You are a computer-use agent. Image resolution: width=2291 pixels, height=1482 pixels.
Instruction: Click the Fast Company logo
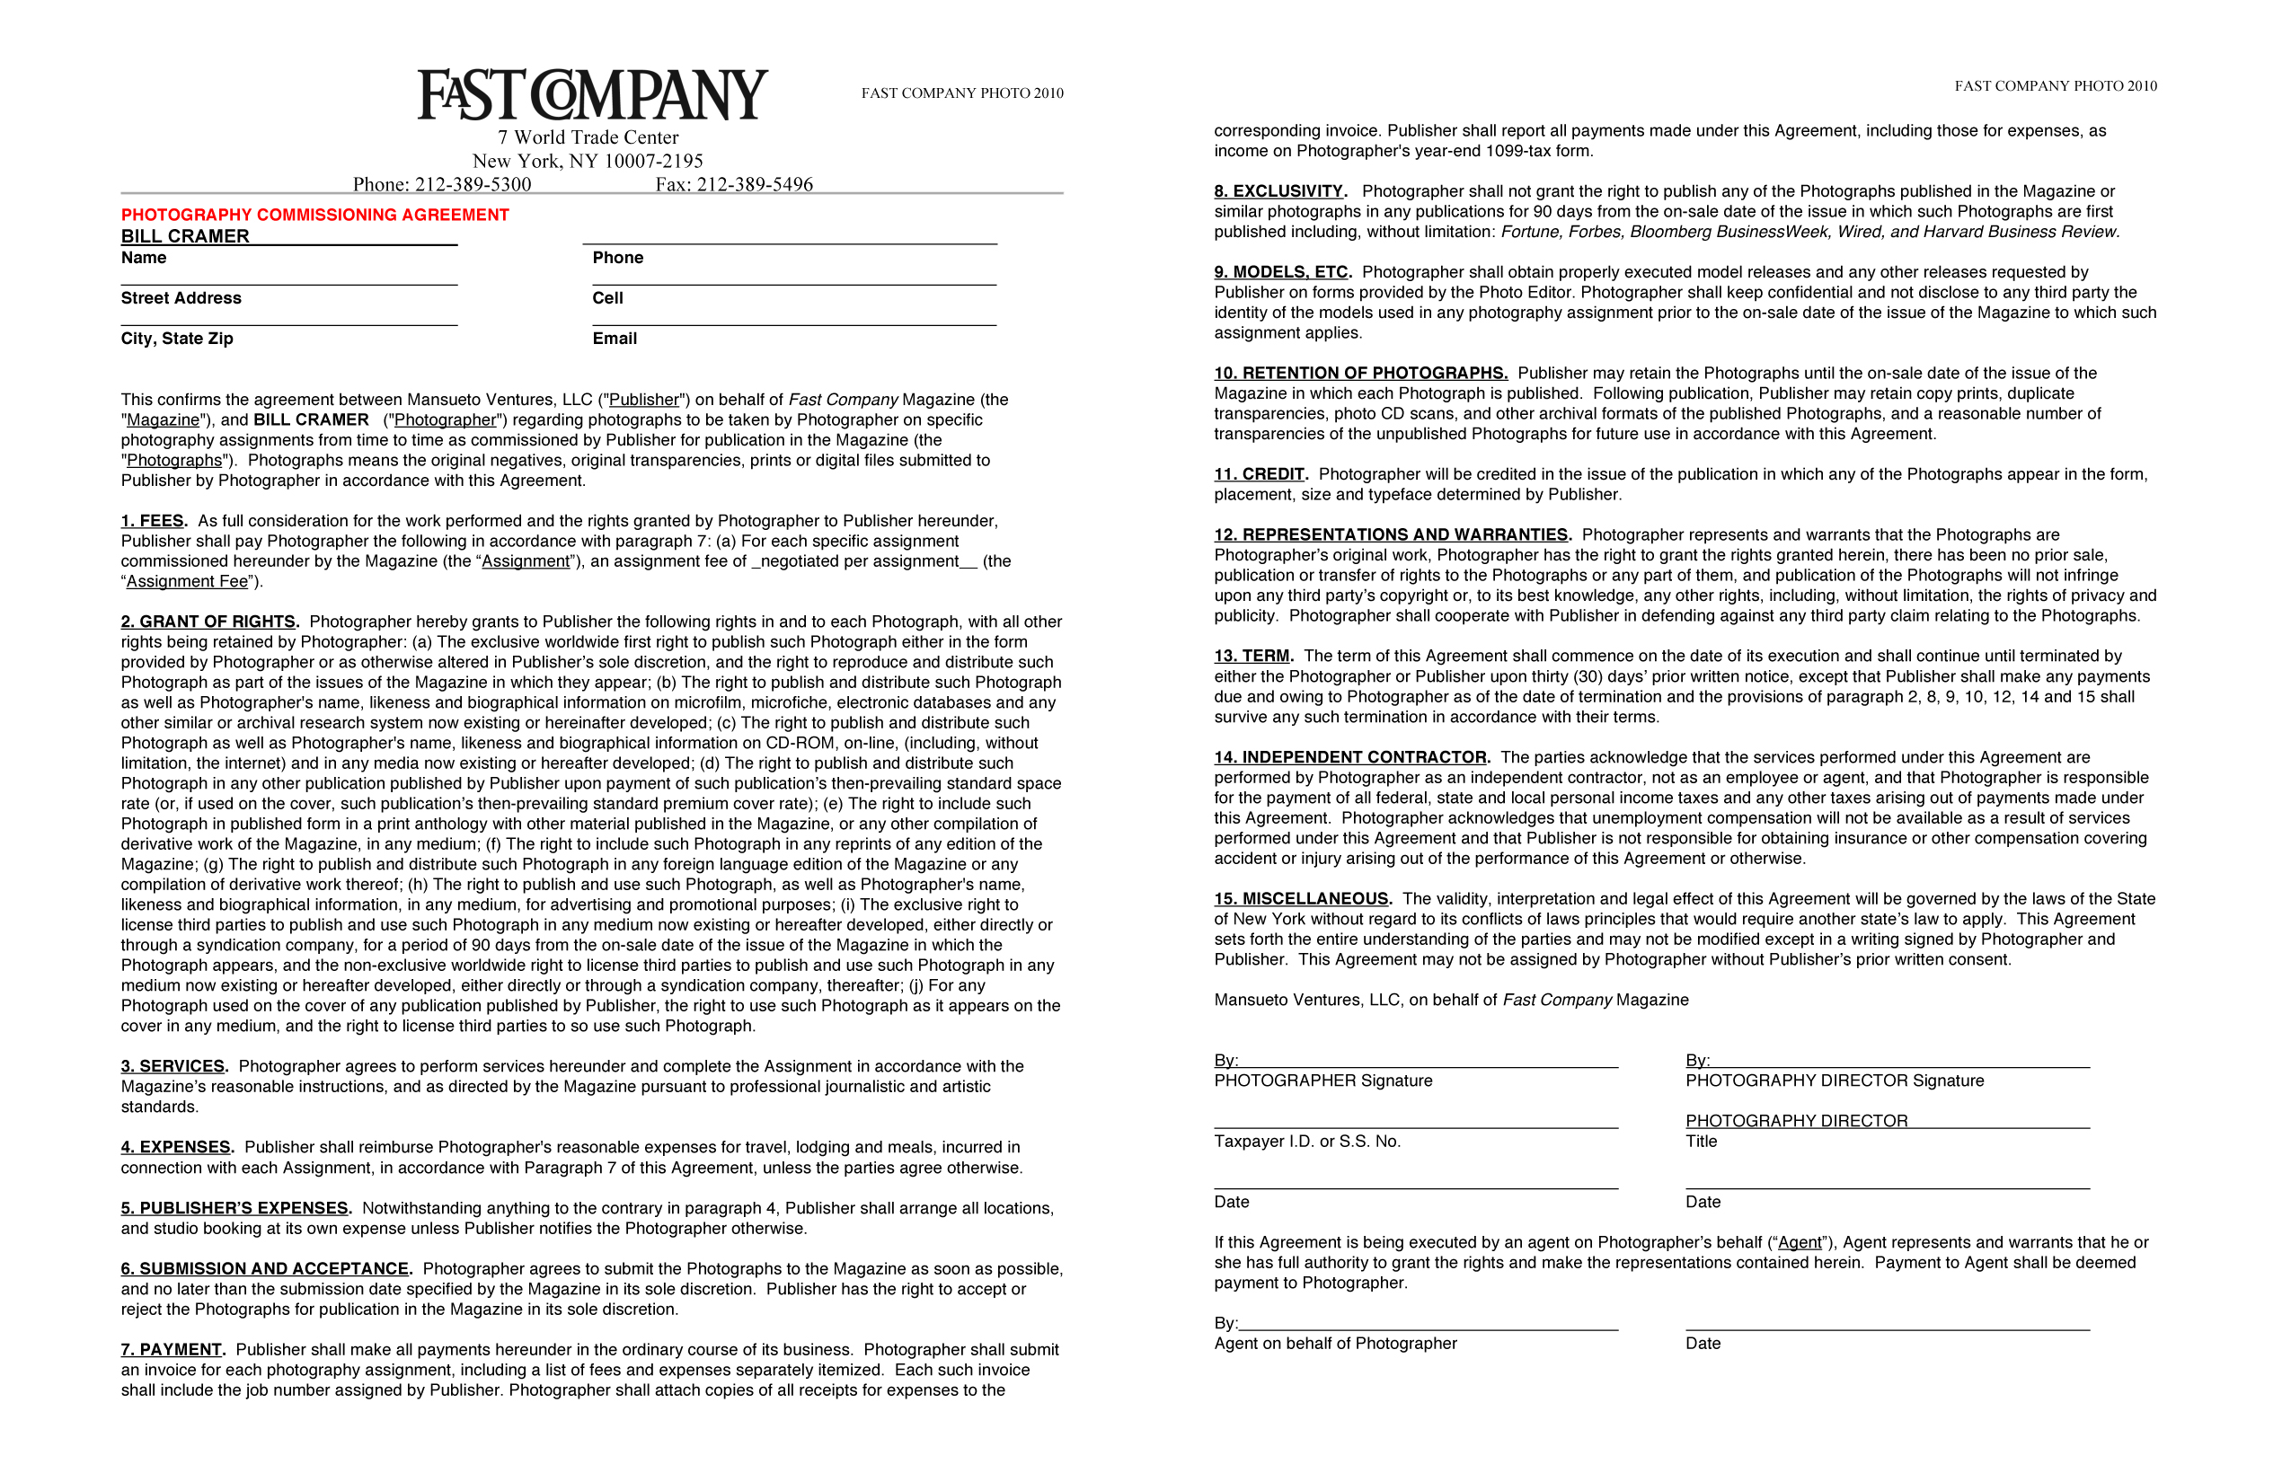point(592,94)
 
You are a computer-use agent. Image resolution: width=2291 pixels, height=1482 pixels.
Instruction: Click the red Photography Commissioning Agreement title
point(314,215)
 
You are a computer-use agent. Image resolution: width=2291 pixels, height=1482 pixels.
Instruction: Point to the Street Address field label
point(181,298)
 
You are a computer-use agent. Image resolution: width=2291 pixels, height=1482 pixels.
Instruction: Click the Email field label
point(615,339)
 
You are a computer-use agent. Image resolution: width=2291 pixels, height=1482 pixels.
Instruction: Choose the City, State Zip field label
point(177,339)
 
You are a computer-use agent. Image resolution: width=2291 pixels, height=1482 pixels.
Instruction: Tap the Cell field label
point(607,298)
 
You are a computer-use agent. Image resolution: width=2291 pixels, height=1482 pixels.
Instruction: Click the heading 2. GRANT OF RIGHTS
point(208,622)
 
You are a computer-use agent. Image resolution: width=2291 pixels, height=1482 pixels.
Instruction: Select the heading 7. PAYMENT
point(172,1349)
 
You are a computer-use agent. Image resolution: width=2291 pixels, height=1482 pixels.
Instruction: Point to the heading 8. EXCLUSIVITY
point(1279,191)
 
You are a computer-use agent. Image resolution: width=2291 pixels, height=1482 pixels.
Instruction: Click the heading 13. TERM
point(1252,657)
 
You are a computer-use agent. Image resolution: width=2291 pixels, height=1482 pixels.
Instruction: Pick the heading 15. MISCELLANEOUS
point(1302,899)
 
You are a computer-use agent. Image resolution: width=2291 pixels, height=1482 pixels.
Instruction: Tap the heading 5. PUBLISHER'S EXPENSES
point(235,1208)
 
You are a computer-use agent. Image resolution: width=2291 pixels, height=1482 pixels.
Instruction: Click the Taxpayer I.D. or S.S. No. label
point(1307,1142)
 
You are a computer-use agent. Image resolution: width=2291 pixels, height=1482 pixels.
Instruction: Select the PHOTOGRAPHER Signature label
point(1322,1081)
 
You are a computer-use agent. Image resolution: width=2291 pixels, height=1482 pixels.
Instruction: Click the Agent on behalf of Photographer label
point(1335,1344)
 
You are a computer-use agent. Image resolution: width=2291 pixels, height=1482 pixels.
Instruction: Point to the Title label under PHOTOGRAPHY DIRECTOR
point(1701,1142)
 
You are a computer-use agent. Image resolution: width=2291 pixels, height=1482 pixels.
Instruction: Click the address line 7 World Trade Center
point(588,137)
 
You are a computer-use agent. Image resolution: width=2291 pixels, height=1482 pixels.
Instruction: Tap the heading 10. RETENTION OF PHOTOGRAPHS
point(1360,374)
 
